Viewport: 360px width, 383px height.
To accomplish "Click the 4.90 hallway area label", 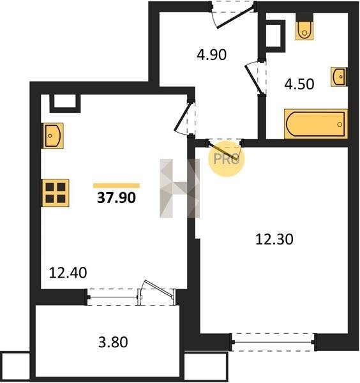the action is pyautogui.click(x=212, y=55).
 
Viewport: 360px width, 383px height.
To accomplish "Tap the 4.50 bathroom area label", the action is pyautogui.click(x=299, y=84).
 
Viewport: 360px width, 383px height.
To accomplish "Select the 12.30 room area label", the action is pyautogui.click(x=274, y=239).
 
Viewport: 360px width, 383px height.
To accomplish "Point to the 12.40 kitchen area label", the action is pyautogui.click(x=68, y=273).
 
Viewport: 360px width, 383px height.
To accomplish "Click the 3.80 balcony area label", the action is pyautogui.click(x=113, y=342).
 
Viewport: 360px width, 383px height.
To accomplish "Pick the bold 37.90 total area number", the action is pyautogui.click(x=116, y=198).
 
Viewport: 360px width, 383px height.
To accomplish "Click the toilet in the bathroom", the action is pyautogui.click(x=304, y=30).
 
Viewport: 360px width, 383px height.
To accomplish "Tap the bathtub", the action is pyautogui.click(x=316, y=124).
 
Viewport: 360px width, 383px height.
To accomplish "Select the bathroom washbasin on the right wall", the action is pyautogui.click(x=339, y=77).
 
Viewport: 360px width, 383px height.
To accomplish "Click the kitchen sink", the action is pyautogui.click(x=53, y=135).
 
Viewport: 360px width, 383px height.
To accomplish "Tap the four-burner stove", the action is pyautogui.click(x=56, y=193).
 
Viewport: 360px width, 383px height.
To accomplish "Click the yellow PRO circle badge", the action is pyautogui.click(x=227, y=159).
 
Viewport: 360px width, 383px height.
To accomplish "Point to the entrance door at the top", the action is pyautogui.click(x=233, y=15).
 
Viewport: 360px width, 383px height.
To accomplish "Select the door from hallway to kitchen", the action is pyautogui.click(x=184, y=118).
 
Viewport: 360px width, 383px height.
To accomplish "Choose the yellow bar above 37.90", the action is pyautogui.click(x=117, y=186).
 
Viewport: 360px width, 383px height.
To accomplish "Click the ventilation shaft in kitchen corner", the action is pyautogui.click(x=65, y=103).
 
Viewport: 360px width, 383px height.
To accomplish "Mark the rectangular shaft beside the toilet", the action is pyautogui.click(x=276, y=36).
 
